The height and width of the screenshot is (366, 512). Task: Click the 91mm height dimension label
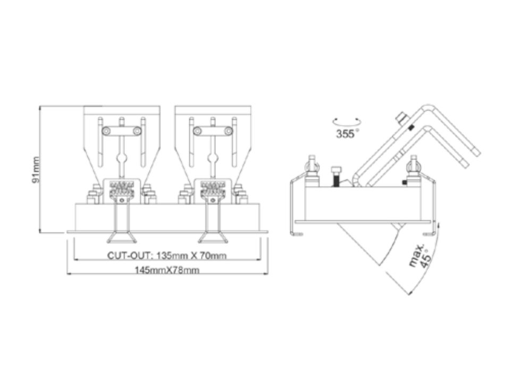36,170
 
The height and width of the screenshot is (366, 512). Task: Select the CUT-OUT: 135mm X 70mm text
167,255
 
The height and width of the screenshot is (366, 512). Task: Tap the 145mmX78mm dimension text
167,270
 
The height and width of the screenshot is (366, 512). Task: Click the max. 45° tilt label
421,255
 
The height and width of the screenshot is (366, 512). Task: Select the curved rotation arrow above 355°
347,122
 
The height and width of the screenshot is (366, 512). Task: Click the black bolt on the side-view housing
336,177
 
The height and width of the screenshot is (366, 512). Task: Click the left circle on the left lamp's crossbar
106,131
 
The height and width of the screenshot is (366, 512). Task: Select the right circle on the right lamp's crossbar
229,131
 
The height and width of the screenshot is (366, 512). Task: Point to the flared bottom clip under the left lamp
122,237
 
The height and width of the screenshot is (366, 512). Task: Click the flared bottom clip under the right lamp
213,237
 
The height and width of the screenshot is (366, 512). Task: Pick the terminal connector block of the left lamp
122,190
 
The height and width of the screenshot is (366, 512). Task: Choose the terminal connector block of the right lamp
214,190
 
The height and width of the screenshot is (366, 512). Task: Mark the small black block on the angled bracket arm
412,128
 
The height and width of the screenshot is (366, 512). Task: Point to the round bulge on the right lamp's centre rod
213,160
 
